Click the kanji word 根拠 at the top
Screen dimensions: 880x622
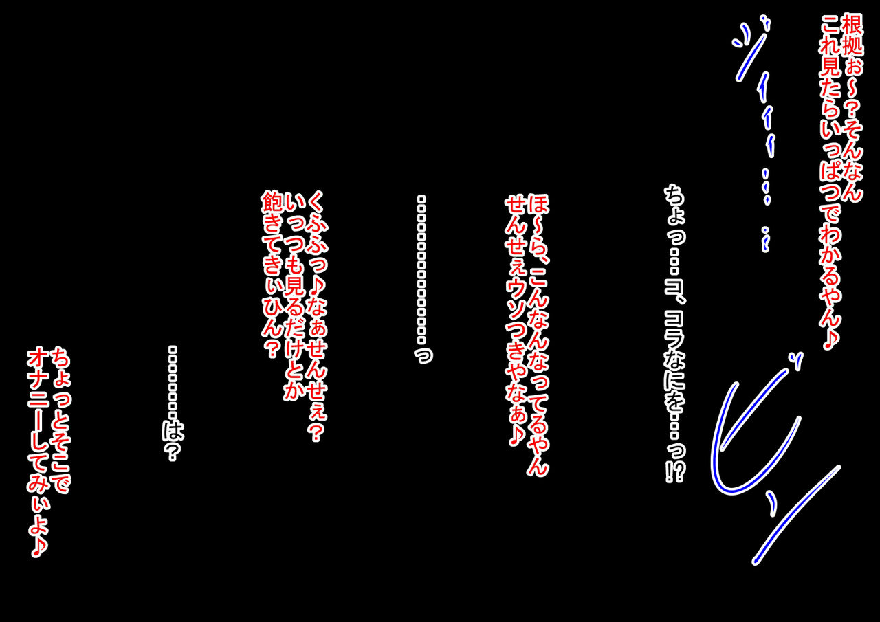(851, 35)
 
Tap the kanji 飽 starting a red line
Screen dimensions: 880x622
(272, 202)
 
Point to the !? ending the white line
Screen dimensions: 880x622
(675, 471)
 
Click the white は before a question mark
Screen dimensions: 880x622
(173, 431)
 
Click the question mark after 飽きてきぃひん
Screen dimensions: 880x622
(272, 348)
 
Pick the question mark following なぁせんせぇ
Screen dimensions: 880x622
(316, 434)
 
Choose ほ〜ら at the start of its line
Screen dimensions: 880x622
(538, 227)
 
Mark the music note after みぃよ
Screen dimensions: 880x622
(38, 546)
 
